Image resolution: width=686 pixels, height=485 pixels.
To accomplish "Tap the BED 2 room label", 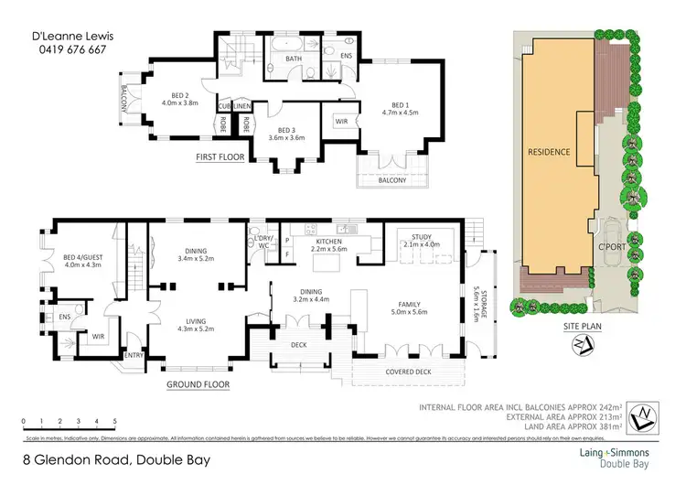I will pos(180,94).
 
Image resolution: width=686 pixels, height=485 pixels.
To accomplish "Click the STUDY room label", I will pos(422,236).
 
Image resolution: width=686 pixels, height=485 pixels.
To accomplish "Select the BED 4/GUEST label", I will pos(84,257).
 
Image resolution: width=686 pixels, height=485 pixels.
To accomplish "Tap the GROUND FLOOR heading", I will pos(198,385).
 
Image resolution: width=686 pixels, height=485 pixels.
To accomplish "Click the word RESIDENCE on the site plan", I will pos(549,152).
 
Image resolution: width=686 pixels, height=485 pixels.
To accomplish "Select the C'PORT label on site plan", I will pos(610,248).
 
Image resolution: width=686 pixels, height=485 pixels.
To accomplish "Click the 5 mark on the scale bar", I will pos(115,421).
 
